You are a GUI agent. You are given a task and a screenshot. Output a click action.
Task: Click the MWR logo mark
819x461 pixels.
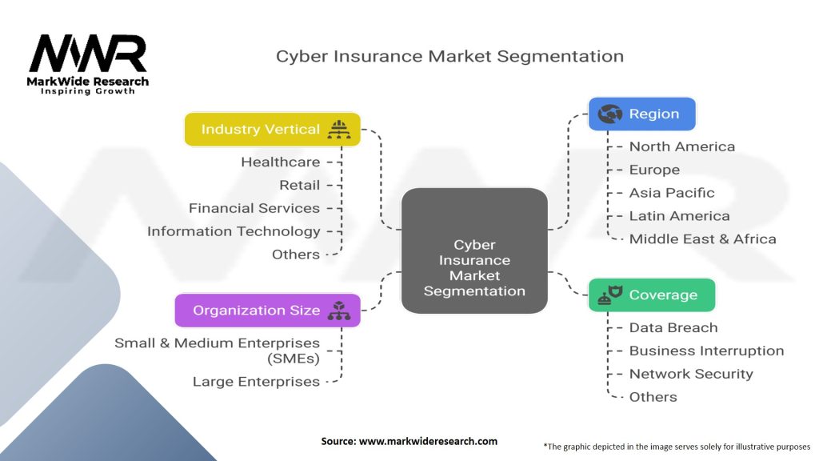[88, 54]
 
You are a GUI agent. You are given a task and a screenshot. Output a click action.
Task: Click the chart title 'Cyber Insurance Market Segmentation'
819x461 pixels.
[449, 57]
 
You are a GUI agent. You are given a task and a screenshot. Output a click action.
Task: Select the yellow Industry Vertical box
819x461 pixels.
[273, 129]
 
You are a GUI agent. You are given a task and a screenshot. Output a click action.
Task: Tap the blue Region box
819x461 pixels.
[642, 114]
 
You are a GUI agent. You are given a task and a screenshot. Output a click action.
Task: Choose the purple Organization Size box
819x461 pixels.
[267, 311]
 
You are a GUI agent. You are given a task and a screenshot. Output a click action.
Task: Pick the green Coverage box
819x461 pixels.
[651, 295]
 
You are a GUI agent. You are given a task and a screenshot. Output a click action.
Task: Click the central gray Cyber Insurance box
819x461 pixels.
[474, 251]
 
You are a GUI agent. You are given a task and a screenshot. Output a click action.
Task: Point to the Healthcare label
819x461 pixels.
[281, 162]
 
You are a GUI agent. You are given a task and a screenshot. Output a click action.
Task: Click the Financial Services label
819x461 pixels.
[254, 208]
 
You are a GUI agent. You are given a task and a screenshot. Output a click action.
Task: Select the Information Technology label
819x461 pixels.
[234, 231]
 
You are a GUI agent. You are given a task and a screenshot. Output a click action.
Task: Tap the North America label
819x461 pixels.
[681, 146]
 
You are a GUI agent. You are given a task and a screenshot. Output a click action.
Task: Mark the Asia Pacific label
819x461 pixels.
[672, 193]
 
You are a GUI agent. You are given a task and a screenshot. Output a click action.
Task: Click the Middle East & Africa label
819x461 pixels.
[702, 239]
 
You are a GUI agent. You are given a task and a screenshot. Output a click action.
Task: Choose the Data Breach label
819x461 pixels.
[673, 327]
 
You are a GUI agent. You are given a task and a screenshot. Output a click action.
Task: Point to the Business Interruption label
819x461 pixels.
[706, 351]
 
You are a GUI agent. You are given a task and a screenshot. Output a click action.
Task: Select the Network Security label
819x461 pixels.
[691, 375]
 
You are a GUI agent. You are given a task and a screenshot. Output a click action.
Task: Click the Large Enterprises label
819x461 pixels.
[256, 382]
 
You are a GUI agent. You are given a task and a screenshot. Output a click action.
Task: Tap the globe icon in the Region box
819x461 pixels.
[609, 114]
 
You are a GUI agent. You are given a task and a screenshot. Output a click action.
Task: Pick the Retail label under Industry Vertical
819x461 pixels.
[299, 185]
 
